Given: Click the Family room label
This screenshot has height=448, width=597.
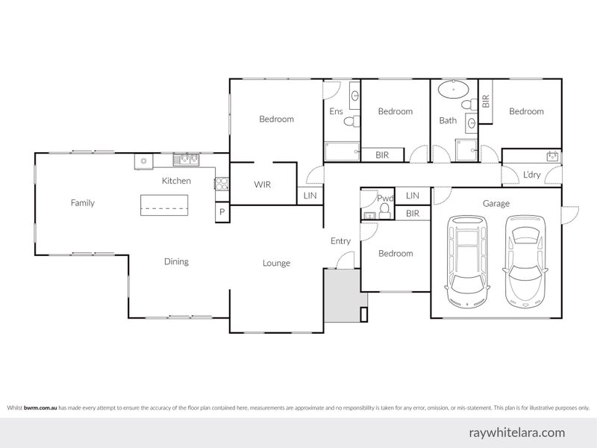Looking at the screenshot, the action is pos(83,203).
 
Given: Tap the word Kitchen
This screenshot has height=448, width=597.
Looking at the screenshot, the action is pos(176,181).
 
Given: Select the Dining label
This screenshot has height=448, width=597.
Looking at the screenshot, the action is pos(176,262).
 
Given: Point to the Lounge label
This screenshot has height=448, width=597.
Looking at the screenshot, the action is pos(276,264).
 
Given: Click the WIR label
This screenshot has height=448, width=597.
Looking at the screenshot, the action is pos(263,184).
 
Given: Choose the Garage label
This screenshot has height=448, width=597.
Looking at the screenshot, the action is pos(496,204).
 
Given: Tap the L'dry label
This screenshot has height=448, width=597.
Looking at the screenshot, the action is pos(531,175).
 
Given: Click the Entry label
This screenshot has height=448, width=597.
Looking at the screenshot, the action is pos(340,241).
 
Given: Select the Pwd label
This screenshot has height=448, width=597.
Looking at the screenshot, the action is pos(385,198).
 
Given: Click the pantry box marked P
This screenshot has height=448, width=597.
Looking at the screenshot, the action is pos(222,212).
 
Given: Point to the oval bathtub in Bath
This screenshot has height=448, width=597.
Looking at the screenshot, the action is pos(454,90).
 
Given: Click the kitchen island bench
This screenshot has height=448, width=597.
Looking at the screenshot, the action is pos(164,205).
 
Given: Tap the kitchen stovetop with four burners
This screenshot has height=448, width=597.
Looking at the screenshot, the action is pos(222,184).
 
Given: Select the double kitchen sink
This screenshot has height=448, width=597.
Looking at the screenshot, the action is pos(186,160).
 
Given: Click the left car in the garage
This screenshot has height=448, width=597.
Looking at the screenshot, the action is pos(467,261).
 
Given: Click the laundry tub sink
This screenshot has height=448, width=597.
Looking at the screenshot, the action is pos(552,156).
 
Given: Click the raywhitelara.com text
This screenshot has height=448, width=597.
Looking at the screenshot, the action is pos(517,433).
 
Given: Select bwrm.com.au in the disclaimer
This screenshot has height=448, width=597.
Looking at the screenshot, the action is pos(40,408).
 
